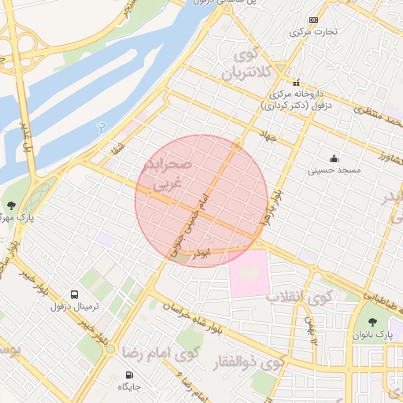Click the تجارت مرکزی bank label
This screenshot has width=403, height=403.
tap(313, 32)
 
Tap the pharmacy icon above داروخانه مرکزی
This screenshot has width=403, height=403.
tap(296, 83)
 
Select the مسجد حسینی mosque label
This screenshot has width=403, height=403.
tap(333, 169)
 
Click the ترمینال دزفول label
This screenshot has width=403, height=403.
tap(72, 306)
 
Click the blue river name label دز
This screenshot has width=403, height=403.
tap(100, 126)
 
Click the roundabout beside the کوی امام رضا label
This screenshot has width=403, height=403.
tap(110, 347)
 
